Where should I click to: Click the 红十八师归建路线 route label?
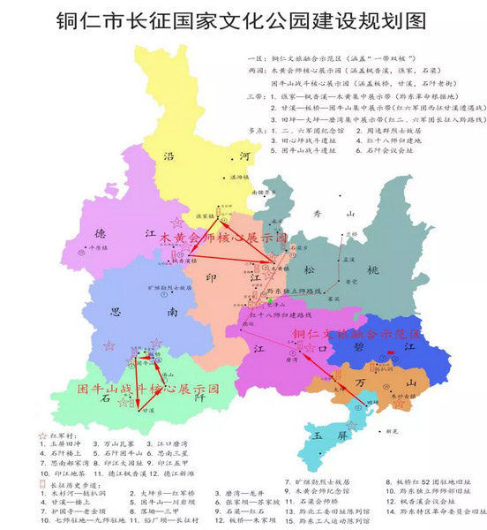click(x=281, y=315)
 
